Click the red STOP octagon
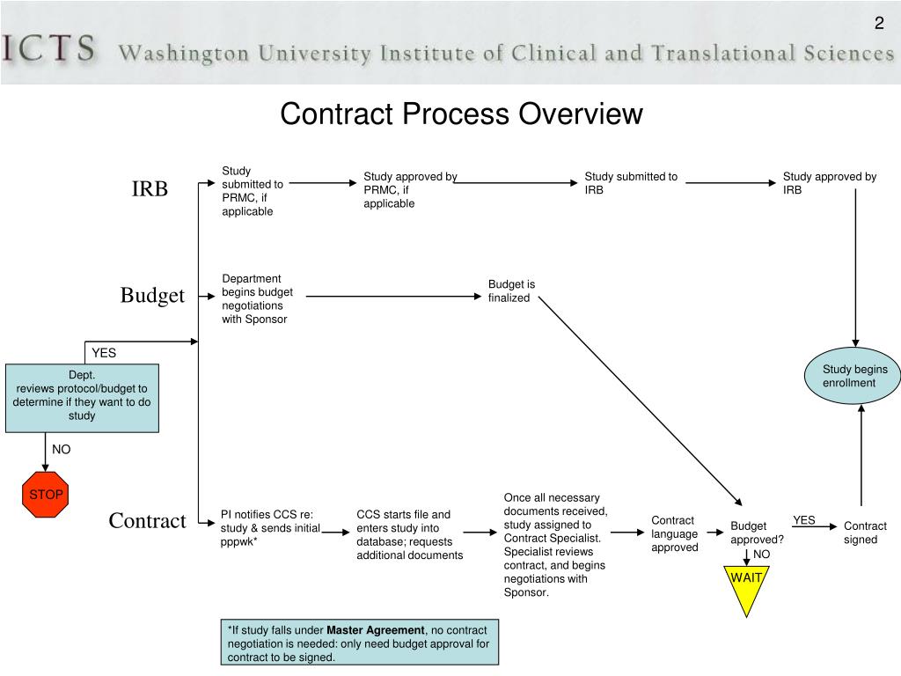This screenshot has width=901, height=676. pyautogui.click(x=46, y=495)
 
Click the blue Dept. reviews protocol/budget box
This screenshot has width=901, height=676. pyautogui.click(x=82, y=398)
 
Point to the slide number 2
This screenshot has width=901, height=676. pyautogui.click(x=878, y=24)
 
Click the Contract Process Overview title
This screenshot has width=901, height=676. pyautogui.click(x=461, y=114)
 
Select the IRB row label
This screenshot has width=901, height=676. pyautogui.click(x=150, y=189)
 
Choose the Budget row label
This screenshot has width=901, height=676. pyautogui.click(x=152, y=296)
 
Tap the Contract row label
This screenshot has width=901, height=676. pyautogui.click(x=147, y=521)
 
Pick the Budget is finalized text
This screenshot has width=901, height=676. pyautogui.click(x=511, y=290)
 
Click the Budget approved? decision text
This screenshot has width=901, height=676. pyautogui.click(x=756, y=533)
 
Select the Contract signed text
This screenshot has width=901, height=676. pyautogui.click(x=865, y=533)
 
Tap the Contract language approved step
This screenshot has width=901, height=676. pyautogui.click(x=675, y=533)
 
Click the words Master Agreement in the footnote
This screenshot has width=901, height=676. pyautogui.click(x=375, y=630)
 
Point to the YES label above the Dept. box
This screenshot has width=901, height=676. pyautogui.click(x=104, y=353)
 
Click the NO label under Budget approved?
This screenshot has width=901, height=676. pyautogui.click(x=761, y=555)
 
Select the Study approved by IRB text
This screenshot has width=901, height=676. pyautogui.click(x=829, y=183)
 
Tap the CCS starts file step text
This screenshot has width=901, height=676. pyautogui.click(x=409, y=534)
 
